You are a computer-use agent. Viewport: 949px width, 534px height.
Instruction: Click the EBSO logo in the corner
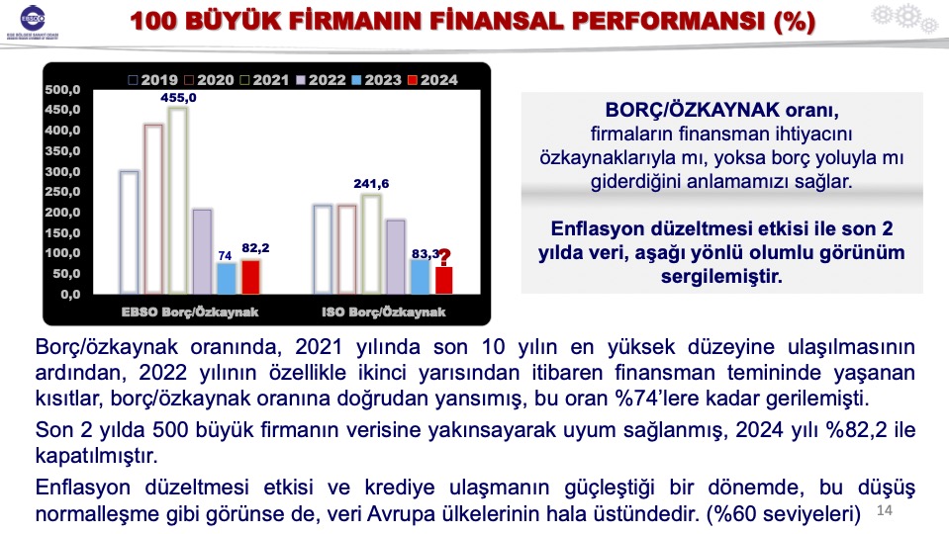pos(32,22)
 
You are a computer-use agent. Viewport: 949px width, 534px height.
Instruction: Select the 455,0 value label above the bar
pos(178,98)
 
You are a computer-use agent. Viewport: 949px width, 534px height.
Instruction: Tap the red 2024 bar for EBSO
pos(250,277)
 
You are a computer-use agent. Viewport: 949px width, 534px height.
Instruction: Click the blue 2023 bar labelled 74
pos(227,278)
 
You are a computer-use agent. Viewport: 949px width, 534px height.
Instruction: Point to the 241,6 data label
pos(371,184)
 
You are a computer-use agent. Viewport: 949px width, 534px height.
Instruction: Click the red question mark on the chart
pos(444,258)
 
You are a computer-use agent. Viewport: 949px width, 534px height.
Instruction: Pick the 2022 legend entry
pos(321,80)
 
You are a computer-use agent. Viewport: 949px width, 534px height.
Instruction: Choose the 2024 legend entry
pos(432,80)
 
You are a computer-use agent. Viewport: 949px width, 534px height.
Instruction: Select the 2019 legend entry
pos(153,80)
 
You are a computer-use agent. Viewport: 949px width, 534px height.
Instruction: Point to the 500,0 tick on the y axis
pos(62,90)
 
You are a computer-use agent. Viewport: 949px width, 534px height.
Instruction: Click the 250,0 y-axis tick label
pos(62,192)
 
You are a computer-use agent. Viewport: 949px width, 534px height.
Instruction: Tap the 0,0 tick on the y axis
pos(70,295)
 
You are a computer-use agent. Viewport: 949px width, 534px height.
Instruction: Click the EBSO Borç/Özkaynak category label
pos(190,312)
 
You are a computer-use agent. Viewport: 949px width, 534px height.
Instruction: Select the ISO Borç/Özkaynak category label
pos(384,312)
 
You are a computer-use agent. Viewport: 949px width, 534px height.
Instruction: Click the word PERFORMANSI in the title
pos(669,21)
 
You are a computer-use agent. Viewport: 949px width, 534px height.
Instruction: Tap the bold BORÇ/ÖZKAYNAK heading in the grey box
pos(693,110)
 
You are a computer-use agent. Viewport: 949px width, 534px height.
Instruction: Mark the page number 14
pos(885,510)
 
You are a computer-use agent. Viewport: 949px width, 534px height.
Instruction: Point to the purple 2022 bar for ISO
pos(396,257)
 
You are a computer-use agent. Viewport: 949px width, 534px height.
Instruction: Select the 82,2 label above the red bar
pos(255,248)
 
